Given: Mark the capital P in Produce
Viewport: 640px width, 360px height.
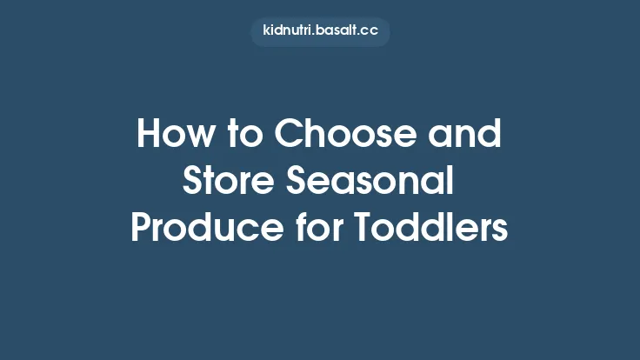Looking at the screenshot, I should (141, 229).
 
